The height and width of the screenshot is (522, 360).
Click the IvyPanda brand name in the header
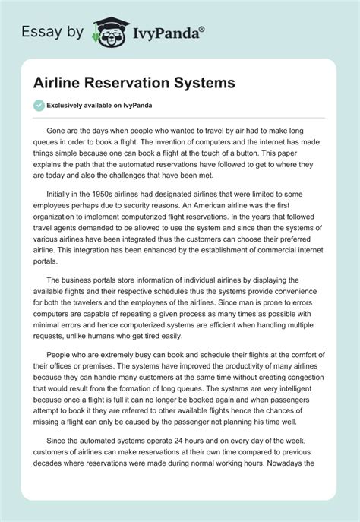[160, 33]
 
